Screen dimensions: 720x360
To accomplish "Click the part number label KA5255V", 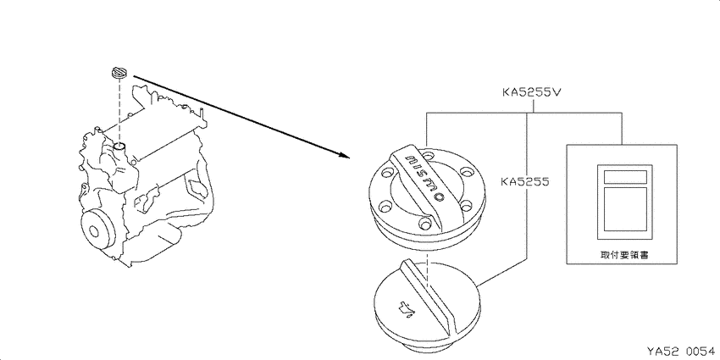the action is (531, 92).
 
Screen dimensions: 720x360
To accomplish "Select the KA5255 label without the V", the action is (525, 182).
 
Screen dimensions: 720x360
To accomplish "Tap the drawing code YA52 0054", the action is (680, 351).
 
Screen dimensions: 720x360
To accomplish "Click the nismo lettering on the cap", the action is (426, 177).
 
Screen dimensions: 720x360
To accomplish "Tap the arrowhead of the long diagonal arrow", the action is (344, 155).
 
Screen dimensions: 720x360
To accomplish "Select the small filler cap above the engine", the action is (119, 73).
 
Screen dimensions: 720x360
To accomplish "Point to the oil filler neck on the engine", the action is (120, 147).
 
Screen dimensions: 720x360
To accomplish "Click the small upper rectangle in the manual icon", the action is (625, 177).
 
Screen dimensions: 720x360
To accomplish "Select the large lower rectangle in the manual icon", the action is (625, 209).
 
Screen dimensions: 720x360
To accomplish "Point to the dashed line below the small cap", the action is (119, 111).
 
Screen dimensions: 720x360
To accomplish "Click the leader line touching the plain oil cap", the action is (503, 273).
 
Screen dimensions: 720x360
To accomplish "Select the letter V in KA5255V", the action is (556, 92).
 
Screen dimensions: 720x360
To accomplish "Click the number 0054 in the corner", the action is (701, 351).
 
